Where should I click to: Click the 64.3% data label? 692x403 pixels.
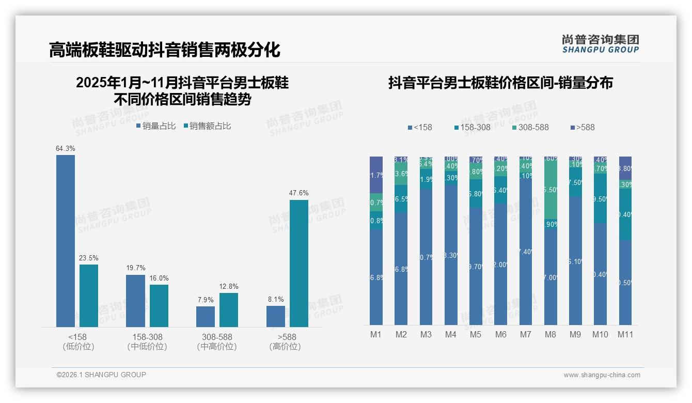pos(66,149)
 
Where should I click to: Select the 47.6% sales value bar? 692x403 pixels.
pos(299,263)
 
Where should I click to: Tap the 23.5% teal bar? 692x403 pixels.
pos(89,296)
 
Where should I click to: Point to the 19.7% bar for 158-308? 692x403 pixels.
pos(135,301)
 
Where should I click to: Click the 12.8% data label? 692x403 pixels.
pos(228,287)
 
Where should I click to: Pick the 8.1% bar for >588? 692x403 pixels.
pos(276,316)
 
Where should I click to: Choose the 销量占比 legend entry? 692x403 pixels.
pos(156,126)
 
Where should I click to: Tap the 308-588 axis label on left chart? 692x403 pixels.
pos(217,337)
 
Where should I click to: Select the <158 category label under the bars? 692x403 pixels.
pos(77,337)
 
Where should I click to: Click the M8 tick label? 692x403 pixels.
pos(551,334)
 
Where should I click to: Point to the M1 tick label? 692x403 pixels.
pos(376,334)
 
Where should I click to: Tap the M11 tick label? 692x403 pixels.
pos(625,334)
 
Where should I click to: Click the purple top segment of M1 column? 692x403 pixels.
pos(376,175)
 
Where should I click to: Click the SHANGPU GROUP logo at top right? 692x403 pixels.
pos(600,43)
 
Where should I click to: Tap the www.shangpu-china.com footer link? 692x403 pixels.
pos(602,375)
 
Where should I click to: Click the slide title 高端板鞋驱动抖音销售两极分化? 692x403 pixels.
pos(165,50)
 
